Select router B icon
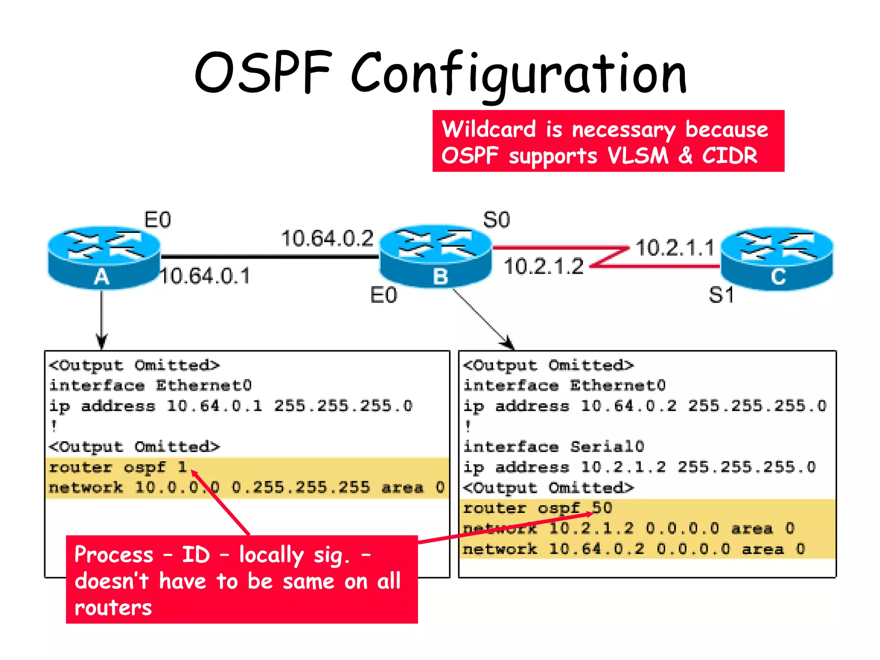coord(436,256)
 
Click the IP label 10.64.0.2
coord(327,238)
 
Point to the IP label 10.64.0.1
coord(205,276)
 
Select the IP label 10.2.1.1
coord(675,248)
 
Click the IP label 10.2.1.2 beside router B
coord(544,266)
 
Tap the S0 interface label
coord(496,220)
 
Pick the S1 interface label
coord(721,295)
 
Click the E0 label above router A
coord(158,220)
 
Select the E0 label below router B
coord(384,295)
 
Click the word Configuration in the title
coord(519,74)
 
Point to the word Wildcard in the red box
coord(489,129)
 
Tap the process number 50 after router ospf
coord(602,508)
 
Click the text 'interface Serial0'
coord(553,447)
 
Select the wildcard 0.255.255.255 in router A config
coord(301,487)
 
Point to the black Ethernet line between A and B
coord(269,257)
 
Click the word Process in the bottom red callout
coord(114,555)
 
